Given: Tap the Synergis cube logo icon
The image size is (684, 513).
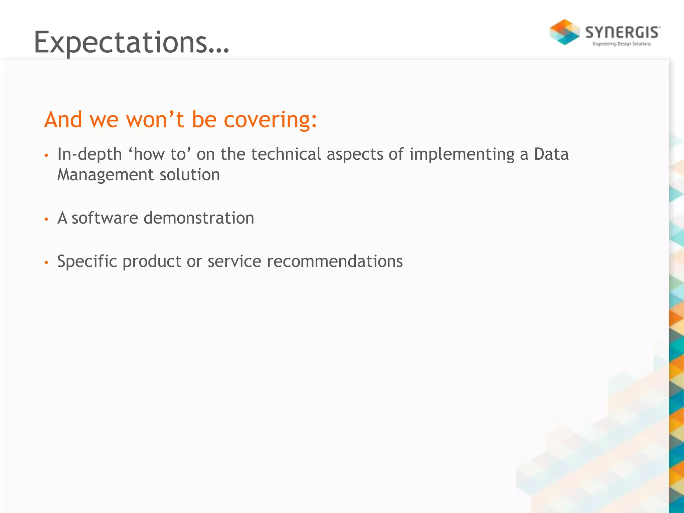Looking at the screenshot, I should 564,32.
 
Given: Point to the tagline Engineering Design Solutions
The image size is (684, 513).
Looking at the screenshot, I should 622,44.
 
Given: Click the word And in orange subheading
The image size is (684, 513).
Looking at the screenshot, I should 63,119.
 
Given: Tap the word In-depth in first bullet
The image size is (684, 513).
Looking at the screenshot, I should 90,155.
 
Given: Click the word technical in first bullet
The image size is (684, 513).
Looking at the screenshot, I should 286,154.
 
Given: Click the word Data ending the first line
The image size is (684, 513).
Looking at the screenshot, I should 551,154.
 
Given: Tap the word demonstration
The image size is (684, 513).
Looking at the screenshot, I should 199,218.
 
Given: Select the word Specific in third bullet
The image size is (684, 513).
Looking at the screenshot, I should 87,262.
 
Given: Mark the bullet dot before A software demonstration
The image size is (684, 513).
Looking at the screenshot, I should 46,219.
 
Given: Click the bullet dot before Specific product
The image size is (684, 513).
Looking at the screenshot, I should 46,263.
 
